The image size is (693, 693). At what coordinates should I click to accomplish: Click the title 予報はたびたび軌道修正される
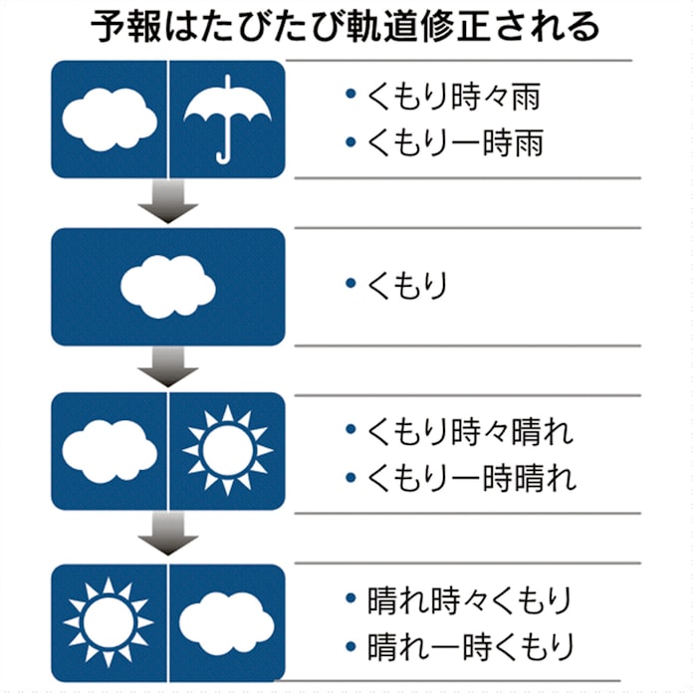click(x=346, y=27)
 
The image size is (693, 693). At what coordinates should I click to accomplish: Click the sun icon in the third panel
click(x=228, y=449)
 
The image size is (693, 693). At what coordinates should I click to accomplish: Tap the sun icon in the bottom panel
click(x=109, y=621)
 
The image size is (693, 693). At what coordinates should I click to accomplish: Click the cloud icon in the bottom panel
click(x=227, y=619)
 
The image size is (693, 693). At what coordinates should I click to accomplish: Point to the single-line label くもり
click(x=407, y=285)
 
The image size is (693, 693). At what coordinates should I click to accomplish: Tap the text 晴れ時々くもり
click(x=469, y=600)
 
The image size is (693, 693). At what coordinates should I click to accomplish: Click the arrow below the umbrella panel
click(x=167, y=202)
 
